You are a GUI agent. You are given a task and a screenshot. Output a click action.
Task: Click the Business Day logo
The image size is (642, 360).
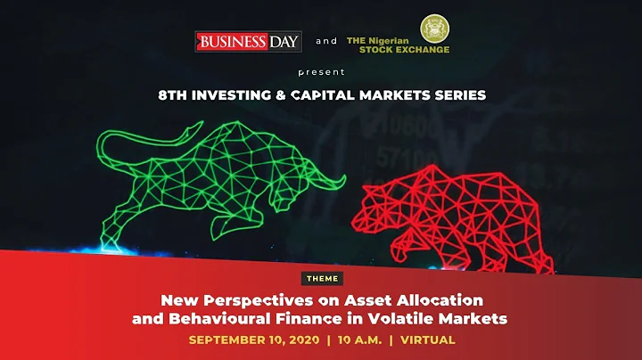point(249,41)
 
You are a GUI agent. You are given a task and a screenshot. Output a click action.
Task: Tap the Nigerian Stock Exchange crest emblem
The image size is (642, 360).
point(435,29)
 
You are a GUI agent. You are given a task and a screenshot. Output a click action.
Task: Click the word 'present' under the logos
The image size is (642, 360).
point(321,70)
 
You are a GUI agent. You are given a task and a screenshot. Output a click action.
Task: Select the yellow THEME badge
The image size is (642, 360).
point(321,279)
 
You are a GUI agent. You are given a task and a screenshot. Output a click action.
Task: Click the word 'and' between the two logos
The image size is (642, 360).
point(327,41)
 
